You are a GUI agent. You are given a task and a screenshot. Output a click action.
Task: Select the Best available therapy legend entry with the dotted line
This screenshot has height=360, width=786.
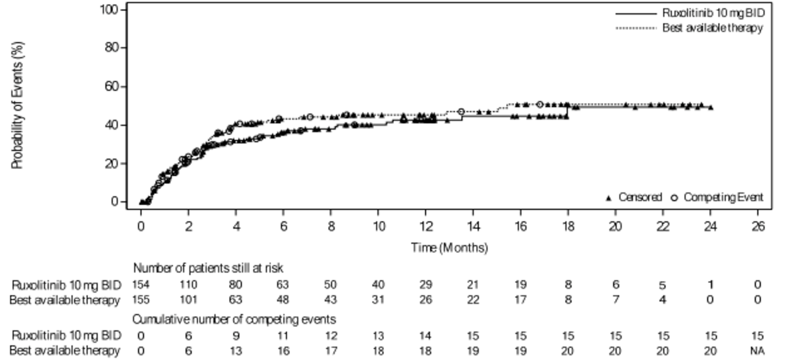coord(712,28)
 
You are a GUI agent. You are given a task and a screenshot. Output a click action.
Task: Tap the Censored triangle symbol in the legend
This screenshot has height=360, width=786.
coord(609,197)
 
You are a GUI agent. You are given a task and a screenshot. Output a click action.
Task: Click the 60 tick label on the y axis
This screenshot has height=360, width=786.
coord(114,86)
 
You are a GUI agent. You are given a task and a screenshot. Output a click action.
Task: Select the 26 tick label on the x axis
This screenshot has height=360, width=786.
coord(757,226)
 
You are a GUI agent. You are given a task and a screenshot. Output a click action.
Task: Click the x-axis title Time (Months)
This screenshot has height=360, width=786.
coord(449,248)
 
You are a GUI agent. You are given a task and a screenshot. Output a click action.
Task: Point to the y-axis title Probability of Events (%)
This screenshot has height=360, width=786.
coord(17,105)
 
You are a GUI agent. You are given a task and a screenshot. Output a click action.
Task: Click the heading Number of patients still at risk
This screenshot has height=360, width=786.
coord(209,268)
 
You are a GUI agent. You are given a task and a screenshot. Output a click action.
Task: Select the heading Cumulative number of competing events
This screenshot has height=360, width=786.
coord(234,319)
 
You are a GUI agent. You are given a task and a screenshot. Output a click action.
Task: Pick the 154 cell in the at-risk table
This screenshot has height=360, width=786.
coord(141,285)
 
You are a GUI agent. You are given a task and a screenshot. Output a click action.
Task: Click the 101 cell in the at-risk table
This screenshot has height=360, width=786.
coord(188,300)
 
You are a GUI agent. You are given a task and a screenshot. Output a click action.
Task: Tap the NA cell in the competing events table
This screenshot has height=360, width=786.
coord(757,351)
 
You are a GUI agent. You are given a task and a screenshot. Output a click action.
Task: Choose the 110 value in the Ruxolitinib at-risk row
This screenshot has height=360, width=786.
coord(188,285)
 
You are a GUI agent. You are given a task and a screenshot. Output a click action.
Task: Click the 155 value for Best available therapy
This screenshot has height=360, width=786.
coord(141,300)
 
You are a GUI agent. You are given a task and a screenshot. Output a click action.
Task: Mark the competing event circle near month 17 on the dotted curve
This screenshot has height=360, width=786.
coord(540,104)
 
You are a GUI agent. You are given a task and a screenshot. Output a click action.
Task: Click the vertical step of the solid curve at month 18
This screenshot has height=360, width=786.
coord(567,111)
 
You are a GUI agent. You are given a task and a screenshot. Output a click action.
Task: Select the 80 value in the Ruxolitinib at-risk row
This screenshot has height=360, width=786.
coord(235,285)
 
